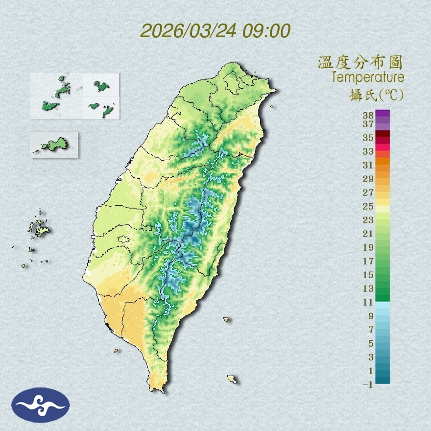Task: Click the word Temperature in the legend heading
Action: coord(367,77)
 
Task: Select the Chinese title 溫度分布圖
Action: coord(360,63)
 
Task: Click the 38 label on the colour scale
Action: coord(368,116)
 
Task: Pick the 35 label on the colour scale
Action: coord(368,138)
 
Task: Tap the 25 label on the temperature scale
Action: coord(368,206)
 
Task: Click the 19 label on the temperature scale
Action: coord(368,247)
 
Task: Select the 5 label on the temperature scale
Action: coord(371,343)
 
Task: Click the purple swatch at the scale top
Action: coord(383,113)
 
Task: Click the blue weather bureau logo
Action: coord(41,405)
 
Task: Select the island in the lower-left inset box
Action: coord(54,145)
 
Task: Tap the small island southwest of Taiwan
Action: coord(116,350)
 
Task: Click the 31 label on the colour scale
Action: coord(368,166)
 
